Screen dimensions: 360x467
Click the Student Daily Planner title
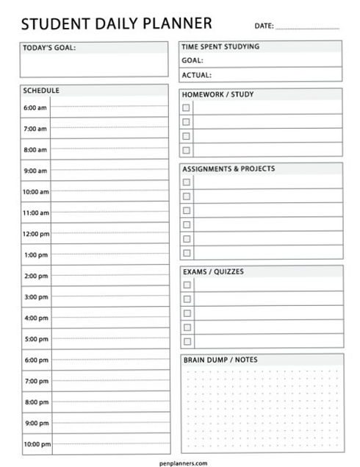(x=117, y=24)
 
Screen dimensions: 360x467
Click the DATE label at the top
(x=264, y=26)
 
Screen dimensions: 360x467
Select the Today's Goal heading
(x=49, y=49)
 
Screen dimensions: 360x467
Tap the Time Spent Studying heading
(x=220, y=46)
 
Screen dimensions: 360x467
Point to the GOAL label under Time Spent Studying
(x=192, y=60)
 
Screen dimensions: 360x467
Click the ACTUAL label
(x=197, y=74)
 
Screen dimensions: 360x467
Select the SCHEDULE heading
(x=41, y=91)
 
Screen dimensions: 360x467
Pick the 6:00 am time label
(x=35, y=107)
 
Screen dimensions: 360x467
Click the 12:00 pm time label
(x=35, y=234)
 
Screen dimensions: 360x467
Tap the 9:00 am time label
(x=35, y=171)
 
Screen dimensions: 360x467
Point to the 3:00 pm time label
(x=35, y=297)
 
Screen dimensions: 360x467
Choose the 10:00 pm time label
(x=36, y=444)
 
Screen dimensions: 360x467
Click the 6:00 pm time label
(x=35, y=360)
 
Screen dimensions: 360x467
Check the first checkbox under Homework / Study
(x=187, y=108)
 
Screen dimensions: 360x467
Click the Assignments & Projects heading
(x=228, y=168)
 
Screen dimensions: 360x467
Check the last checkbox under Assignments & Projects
(x=187, y=252)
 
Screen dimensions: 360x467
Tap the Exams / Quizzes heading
(x=212, y=271)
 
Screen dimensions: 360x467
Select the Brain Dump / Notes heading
(x=220, y=360)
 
